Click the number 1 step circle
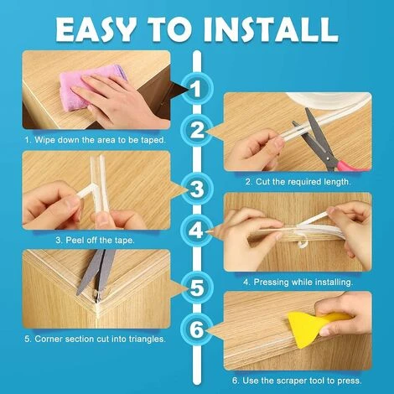197,89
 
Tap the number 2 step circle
197,130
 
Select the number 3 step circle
197,189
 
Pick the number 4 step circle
197,231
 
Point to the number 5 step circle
197,288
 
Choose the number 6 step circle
197,329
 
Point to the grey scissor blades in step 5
96,272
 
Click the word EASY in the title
95,30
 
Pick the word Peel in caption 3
75,240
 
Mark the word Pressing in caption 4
271,283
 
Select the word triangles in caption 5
147,340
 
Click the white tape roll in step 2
327,101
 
